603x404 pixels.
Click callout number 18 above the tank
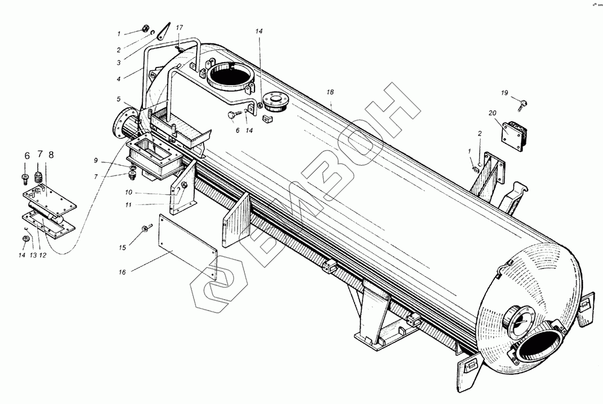pos(330,92)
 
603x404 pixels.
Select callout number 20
pos(493,113)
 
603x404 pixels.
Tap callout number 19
pos(504,92)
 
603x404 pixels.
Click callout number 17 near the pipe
pos(179,28)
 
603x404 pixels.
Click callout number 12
pos(42,256)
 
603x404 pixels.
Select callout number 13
pos(33,256)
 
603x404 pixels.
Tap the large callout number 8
pos(51,155)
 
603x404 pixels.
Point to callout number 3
pos(119,62)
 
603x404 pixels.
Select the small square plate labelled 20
pos(514,134)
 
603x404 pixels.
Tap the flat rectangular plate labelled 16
pos(187,247)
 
